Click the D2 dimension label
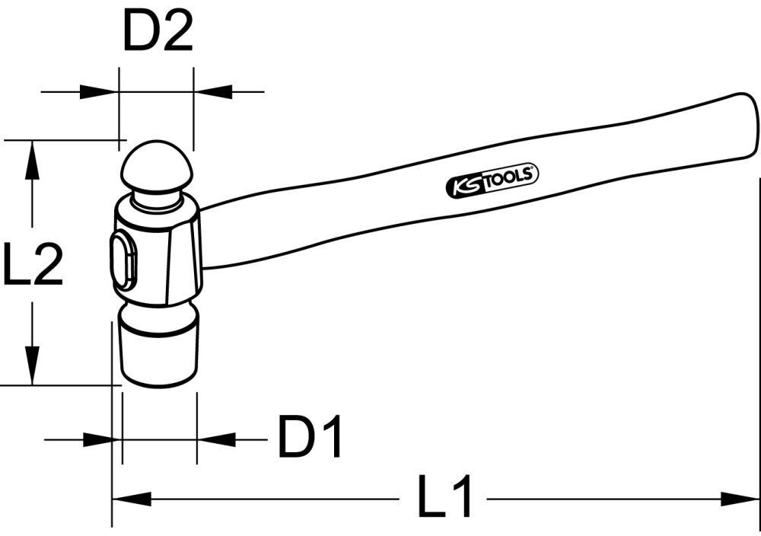(158, 33)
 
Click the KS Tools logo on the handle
(491, 181)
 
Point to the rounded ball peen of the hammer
(158, 166)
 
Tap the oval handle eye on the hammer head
(124, 260)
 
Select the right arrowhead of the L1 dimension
(741, 499)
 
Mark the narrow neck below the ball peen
(158, 201)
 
